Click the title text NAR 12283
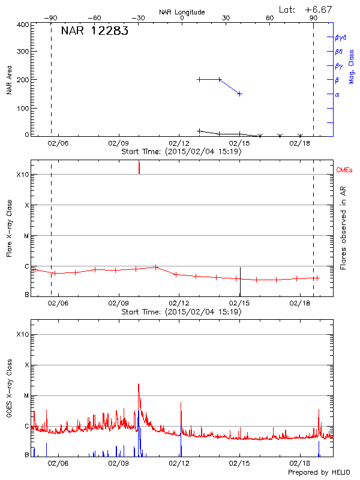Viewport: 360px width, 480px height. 94,31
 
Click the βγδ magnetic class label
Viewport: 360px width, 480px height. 340,37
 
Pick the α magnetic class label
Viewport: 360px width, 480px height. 337,94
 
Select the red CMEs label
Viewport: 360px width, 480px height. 344,171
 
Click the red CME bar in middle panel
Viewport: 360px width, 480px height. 139,167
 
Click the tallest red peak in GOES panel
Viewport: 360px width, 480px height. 139,385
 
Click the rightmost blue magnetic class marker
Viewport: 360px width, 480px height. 239,94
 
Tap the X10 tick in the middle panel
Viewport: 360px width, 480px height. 23,175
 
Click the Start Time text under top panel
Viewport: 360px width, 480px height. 181,152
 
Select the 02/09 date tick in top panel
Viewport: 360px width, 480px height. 118,144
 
